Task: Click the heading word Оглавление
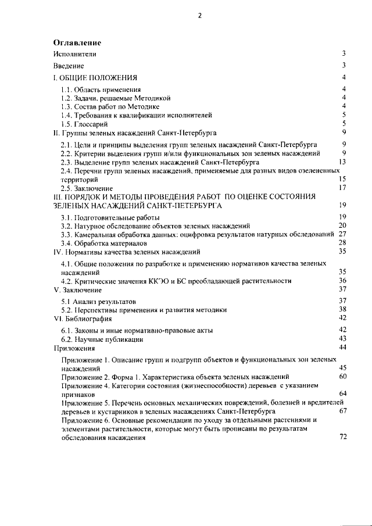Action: pyautogui.click(x=77, y=43)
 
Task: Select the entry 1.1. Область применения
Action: pyautogui.click(x=101, y=90)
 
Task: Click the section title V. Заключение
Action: pyautogui.click(x=77, y=289)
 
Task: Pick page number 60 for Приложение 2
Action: pyautogui.click(x=342, y=377)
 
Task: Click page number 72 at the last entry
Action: pyautogui.click(x=342, y=437)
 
